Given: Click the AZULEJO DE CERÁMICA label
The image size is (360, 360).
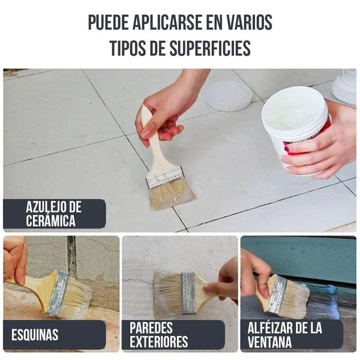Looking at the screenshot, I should pyautogui.click(x=54, y=214).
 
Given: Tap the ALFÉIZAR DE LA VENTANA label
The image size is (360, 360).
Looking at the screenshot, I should pyautogui.click(x=285, y=335).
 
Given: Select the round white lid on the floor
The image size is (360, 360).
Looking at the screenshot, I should pyautogui.click(x=228, y=95).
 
